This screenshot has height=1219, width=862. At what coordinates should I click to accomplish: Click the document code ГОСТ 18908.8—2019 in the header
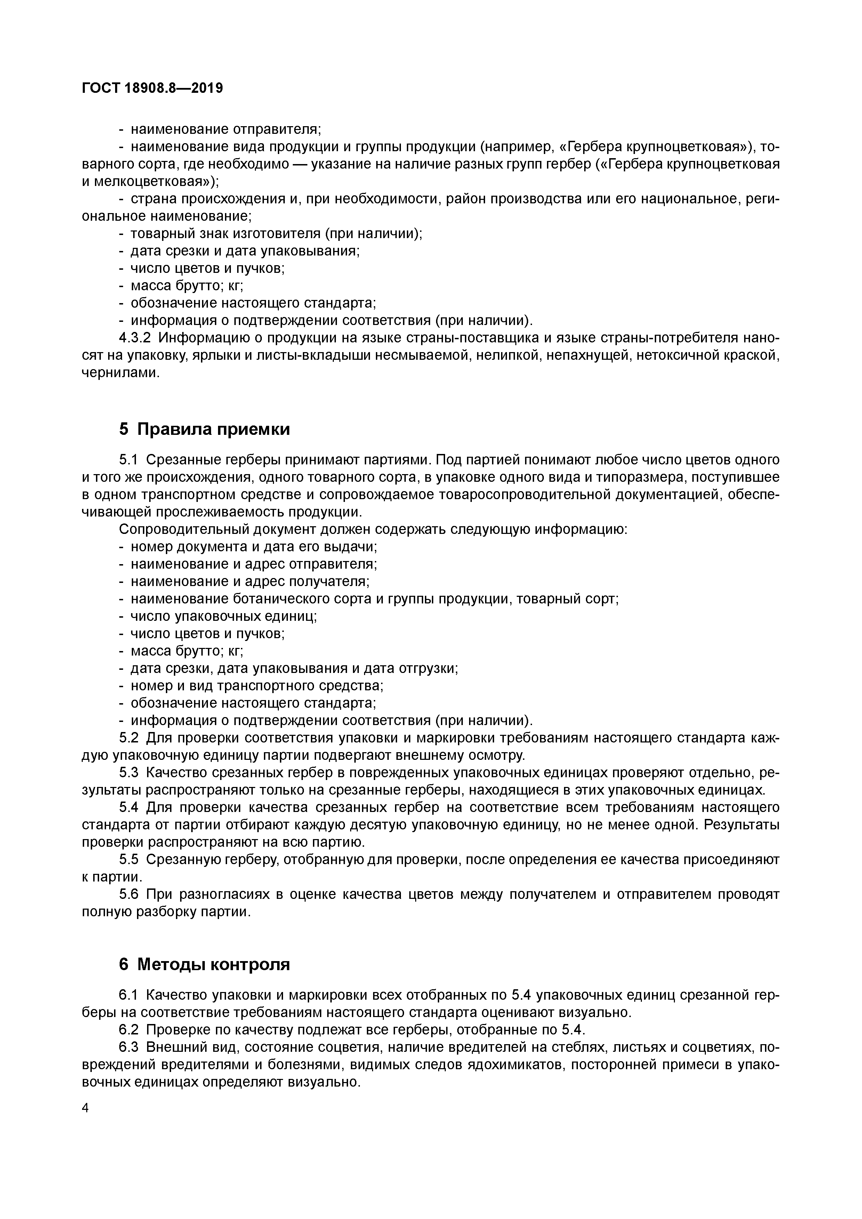coord(152,88)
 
